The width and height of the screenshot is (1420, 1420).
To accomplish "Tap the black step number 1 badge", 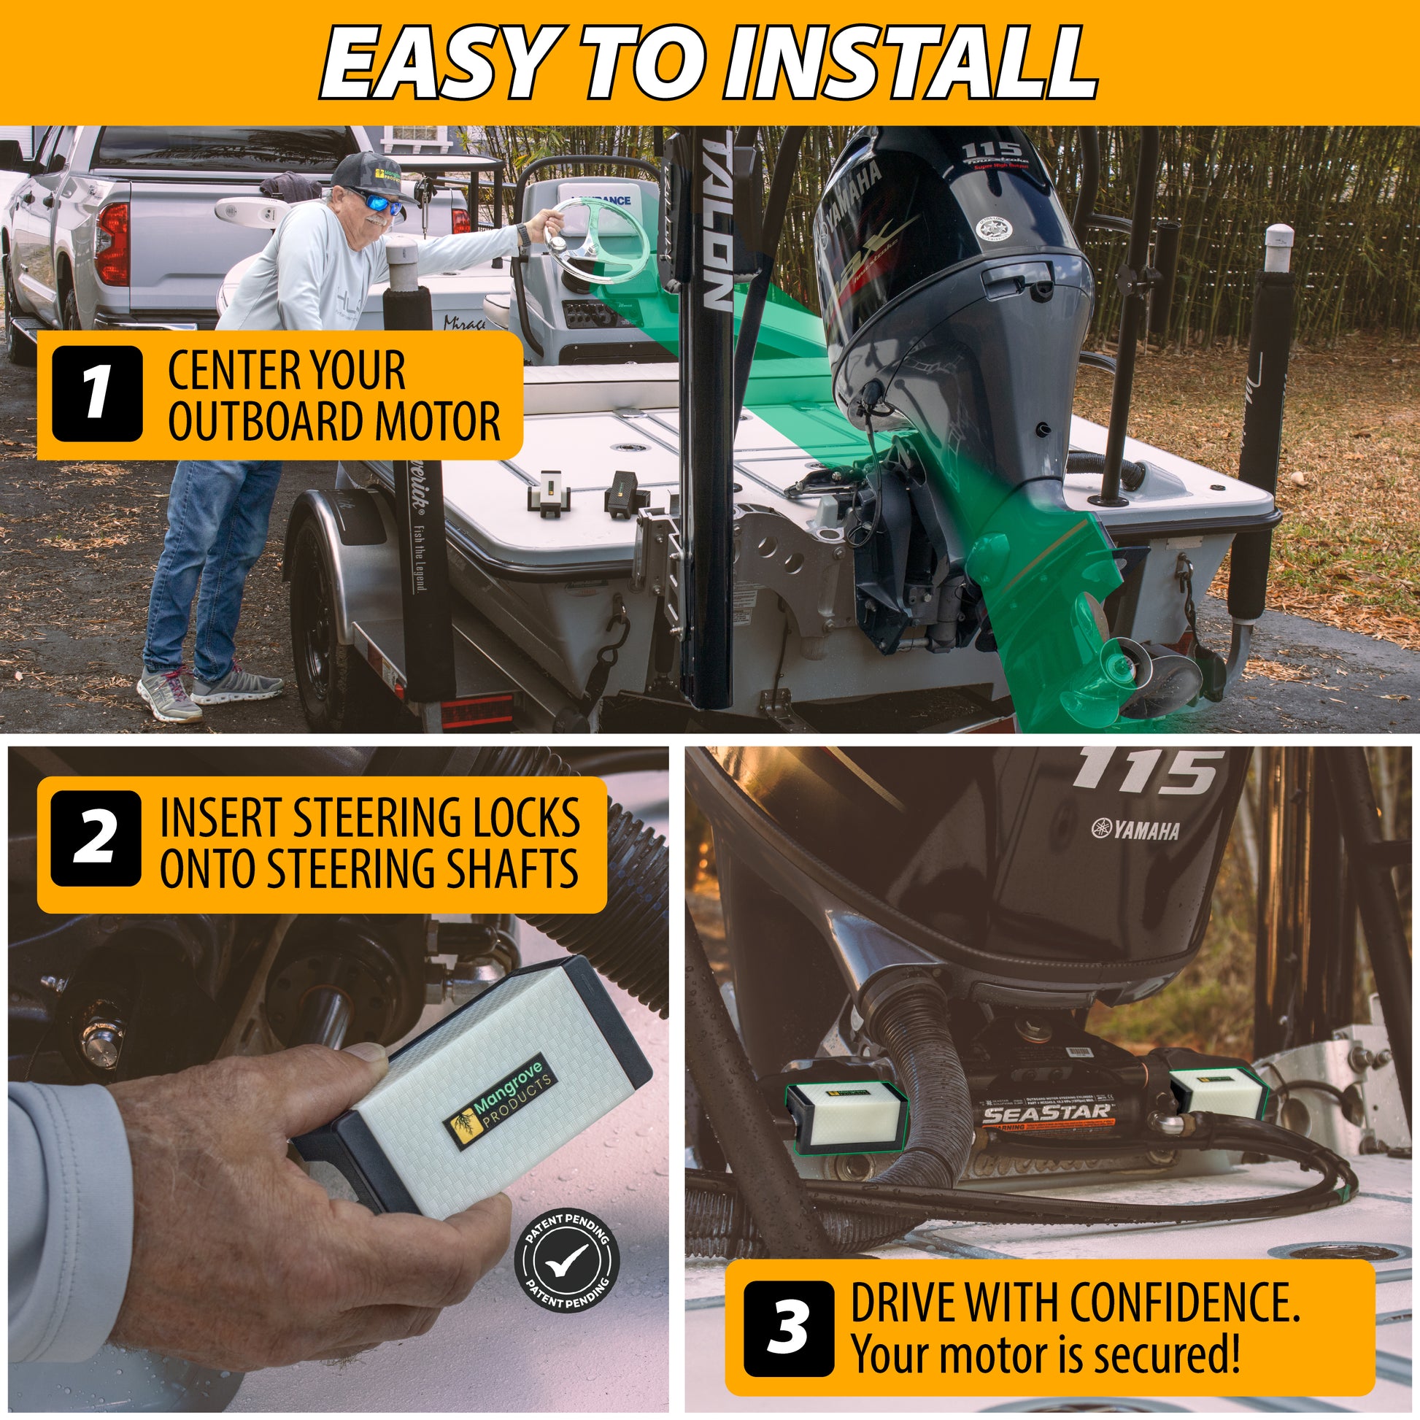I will pos(97,393).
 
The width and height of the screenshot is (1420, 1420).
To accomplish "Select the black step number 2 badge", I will pos(96,839).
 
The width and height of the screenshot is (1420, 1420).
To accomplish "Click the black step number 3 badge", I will pos(788,1328).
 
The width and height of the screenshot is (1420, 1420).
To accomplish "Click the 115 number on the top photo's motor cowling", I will pos(990,152).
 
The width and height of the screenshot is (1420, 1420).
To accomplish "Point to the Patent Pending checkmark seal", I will pos(567,1261).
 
